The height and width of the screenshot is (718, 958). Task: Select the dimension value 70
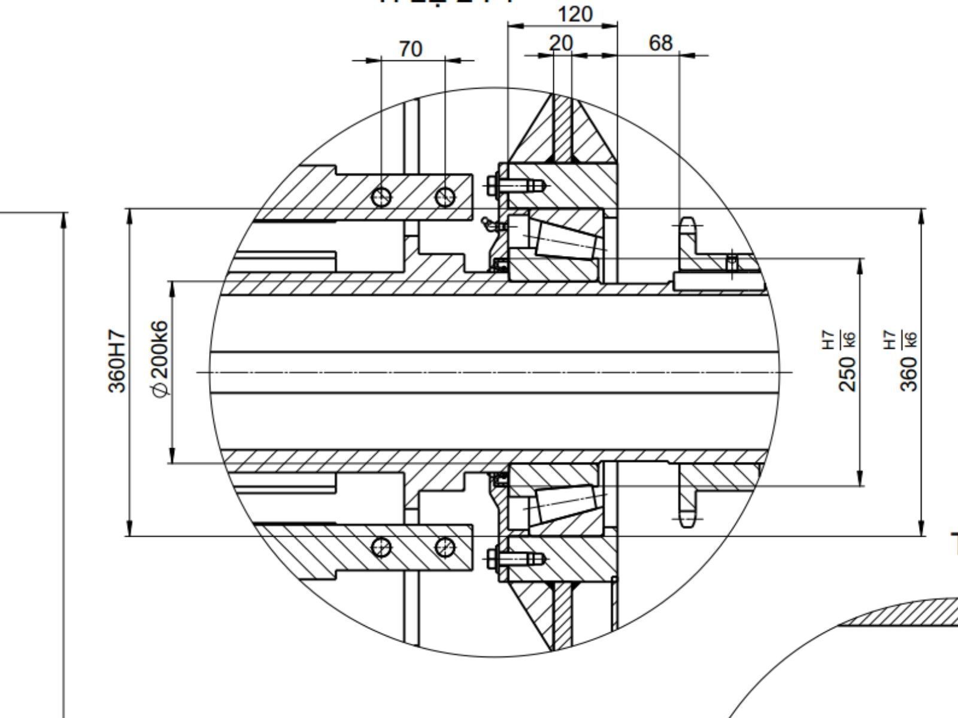(x=410, y=49)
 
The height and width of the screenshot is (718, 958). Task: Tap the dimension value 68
(x=660, y=43)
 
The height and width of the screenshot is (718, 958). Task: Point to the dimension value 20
(x=561, y=43)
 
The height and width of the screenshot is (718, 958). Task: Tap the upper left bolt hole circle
(x=381, y=196)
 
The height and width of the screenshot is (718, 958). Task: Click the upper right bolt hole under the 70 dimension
(x=445, y=196)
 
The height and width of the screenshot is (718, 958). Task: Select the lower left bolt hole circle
(x=381, y=547)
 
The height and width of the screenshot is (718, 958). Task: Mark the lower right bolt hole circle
(x=444, y=546)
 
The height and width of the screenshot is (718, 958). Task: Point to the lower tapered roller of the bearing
(x=566, y=503)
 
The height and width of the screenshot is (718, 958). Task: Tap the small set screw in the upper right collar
(x=732, y=263)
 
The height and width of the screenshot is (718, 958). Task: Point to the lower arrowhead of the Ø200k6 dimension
(x=172, y=455)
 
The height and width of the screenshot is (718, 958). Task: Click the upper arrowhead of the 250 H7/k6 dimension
(x=860, y=266)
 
